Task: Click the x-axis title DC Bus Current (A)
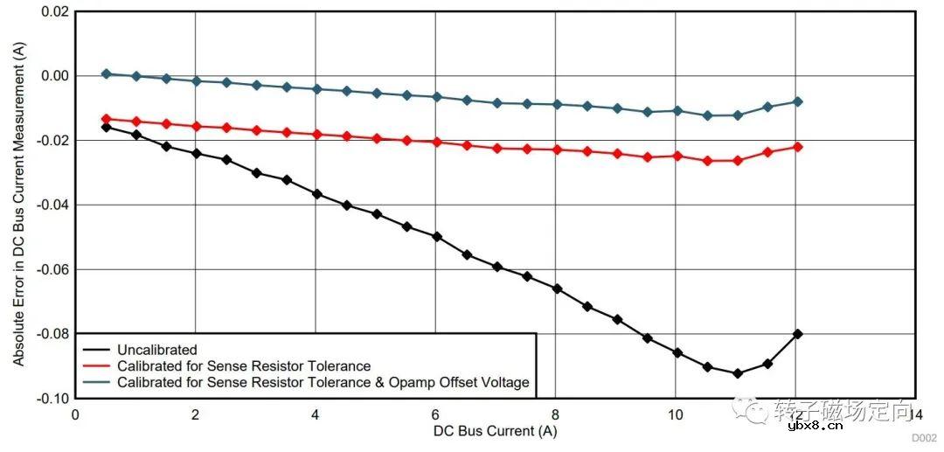494,430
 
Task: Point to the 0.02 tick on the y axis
54,11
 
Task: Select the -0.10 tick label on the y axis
52,398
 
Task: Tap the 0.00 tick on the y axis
54,76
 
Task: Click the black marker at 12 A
797,334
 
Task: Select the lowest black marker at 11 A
737,373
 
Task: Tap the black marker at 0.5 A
106,127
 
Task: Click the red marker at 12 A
797,147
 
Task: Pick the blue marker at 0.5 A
106,73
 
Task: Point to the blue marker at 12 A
797,101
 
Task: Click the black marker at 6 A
436,236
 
